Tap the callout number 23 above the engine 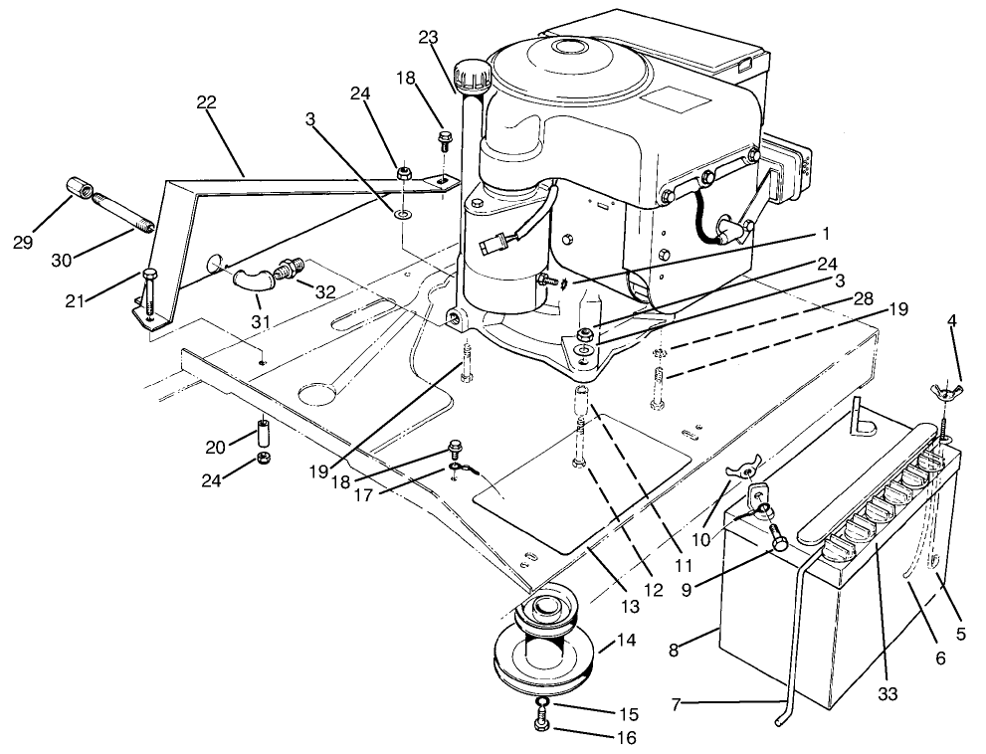[427, 38]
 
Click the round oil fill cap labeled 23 [469, 73]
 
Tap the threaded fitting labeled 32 [293, 270]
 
